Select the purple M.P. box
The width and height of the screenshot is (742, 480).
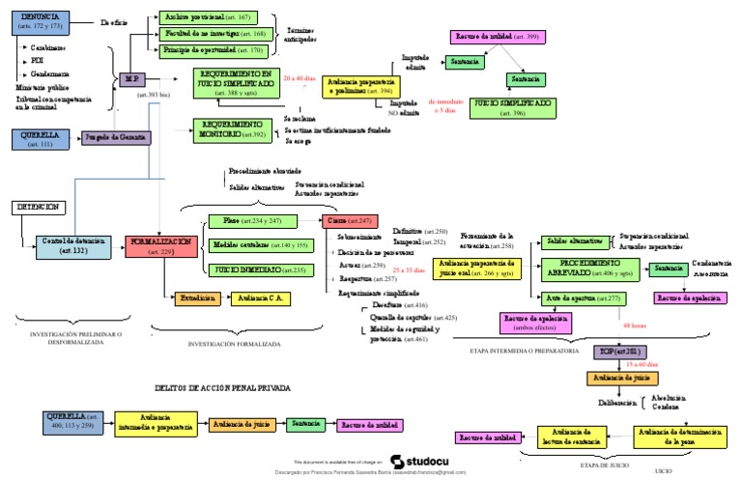pyautogui.click(x=133, y=80)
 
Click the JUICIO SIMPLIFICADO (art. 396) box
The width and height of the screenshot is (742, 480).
pyautogui.click(x=513, y=107)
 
